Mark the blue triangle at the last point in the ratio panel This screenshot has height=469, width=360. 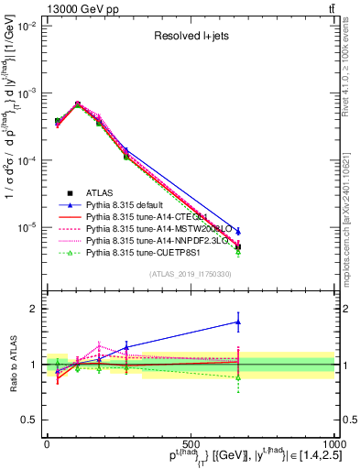pyautogui.click(x=238, y=322)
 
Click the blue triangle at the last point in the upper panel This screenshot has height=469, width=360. pyautogui.click(x=238, y=232)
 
